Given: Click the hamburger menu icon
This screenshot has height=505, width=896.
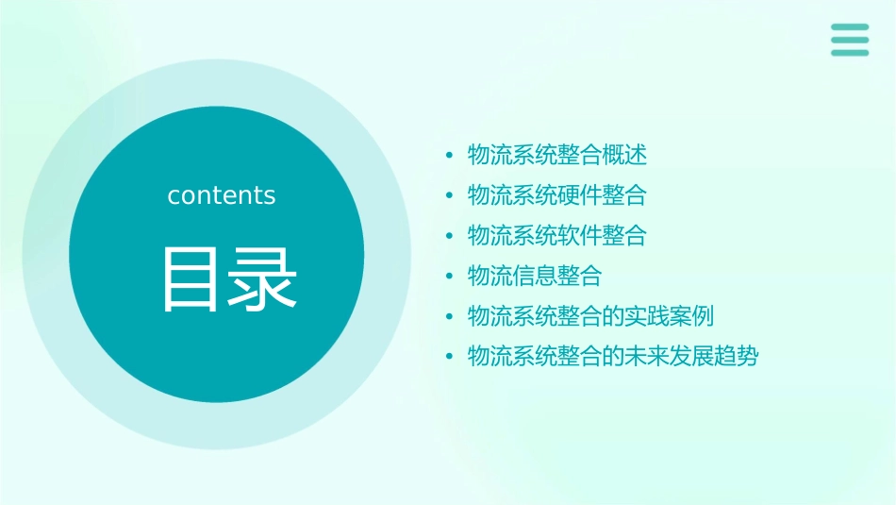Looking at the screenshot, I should pyautogui.click(x=849, y=40).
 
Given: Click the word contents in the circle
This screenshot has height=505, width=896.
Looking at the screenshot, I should pyautogui.click(x=222, y=195).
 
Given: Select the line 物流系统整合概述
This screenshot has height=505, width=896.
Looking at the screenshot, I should pyautogui.click(x=557, y=155).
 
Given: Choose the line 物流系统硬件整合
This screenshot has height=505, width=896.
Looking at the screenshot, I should pyautogui.click(x=557, y=195).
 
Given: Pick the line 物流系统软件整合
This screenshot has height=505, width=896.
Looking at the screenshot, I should pyautogui.click(x=557, y=235).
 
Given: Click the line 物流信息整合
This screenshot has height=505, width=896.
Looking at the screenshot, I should pyautogui.click(x=535, y=276).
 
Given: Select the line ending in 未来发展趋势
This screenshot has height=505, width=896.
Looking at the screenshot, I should pyautogui.click(x=613, y=357).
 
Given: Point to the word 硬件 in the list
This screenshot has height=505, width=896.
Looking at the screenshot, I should pyautogui.click(x=580, y=195).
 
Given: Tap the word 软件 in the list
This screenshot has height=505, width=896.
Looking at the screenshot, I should pyautogui.click(x=580, y=235).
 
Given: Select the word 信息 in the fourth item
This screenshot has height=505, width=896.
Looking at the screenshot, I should pyautogui.click(x=535, y=276).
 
